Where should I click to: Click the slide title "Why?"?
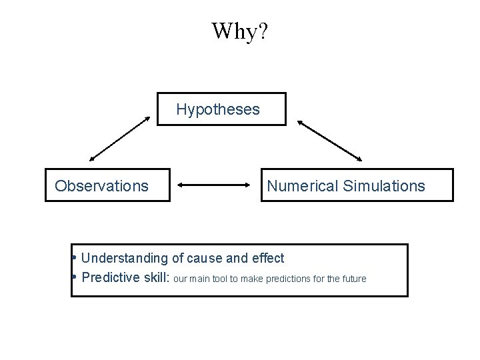tap(240, 31)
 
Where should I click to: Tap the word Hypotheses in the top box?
tap(218, 109)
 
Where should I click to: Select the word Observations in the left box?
tap(101, 185)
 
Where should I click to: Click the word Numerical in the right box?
tap(303, 185)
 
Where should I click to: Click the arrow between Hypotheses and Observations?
tap(121, 139)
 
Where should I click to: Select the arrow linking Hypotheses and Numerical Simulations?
tap(329, 140)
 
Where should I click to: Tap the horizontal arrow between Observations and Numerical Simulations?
tap(215, 186)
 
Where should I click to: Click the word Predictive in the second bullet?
tap(110, 278)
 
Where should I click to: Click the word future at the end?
tap(353, 279)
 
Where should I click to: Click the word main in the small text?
tap(199, 279)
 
